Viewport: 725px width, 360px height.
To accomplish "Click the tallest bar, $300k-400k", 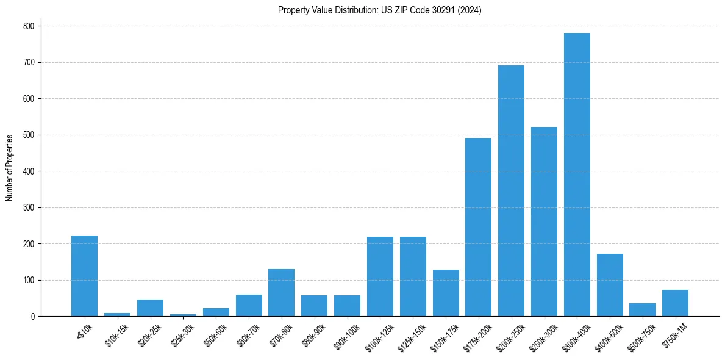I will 577,175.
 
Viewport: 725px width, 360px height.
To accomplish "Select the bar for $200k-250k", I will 511,190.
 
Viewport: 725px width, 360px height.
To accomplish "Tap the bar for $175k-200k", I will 478,227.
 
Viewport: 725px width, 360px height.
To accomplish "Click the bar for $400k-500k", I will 610,285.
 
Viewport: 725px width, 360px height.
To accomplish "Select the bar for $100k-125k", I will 380,276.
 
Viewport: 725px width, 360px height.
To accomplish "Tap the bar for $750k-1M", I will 675,303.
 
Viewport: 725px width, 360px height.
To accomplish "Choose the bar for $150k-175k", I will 446,293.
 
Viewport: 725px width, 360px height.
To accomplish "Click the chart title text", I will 379,10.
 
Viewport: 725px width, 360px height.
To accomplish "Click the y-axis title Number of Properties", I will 10,167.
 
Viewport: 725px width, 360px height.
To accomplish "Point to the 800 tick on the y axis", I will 29,26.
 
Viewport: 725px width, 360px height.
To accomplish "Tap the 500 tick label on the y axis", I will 29,135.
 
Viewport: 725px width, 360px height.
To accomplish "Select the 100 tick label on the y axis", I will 29,280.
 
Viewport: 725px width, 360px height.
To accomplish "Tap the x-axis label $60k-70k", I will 247,333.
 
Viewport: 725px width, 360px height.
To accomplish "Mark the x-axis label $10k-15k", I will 116,333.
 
